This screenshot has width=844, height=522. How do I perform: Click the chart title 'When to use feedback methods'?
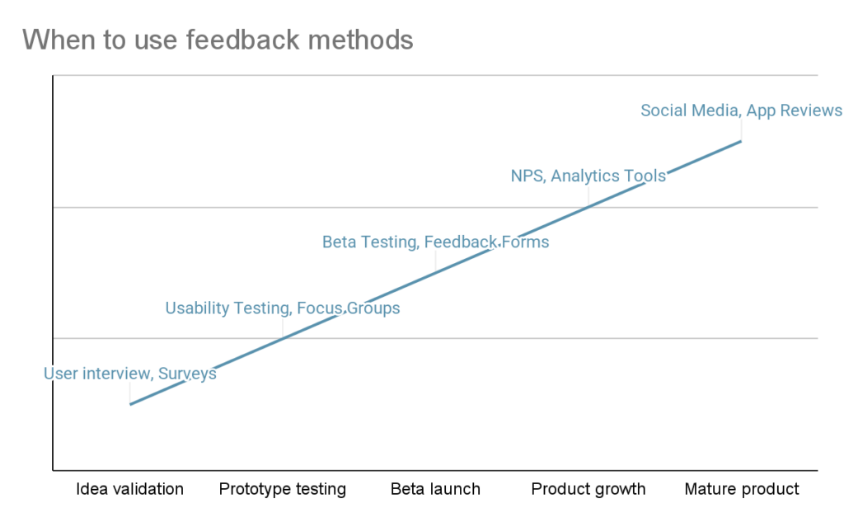tap(218, 39)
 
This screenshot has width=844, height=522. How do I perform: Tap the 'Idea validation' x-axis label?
tap(129, 489)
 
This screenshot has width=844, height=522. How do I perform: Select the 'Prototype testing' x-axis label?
tap(283, 489)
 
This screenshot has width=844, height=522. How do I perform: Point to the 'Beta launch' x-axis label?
tap(435, 489)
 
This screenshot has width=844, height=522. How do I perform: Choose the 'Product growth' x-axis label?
tap(588, 489)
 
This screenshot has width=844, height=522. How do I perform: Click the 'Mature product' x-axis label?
tap(742, 489)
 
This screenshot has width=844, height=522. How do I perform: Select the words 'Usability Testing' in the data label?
tap(227, 308)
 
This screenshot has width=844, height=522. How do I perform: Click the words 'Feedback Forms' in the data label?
tap(487, 242)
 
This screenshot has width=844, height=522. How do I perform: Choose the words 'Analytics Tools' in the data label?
tap(608, 176)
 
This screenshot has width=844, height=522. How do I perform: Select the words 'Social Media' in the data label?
tap(689, 111)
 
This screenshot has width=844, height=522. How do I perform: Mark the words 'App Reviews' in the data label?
tap(795, 111)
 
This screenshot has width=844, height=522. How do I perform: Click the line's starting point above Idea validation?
tap(129, 404)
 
